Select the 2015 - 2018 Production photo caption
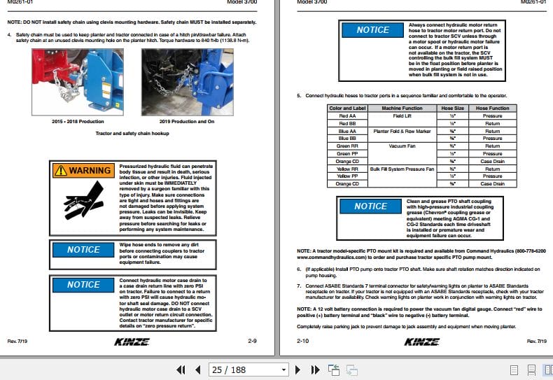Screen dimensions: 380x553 click(x=78, y=121)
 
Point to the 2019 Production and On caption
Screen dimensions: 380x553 click(x=188, y=121)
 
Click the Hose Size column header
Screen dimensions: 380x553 click(x=452, y=108)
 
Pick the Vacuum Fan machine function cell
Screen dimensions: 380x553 click(x=402, y=146)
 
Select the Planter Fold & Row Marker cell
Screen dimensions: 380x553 click(x=402, y=131)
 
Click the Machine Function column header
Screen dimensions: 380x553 click(x=402, y=108)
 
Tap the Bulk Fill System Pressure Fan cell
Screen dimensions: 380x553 click(x=402, y=169)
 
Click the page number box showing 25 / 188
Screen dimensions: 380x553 click(x=248, y=370)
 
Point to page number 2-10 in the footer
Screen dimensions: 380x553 click(x=302, y=341)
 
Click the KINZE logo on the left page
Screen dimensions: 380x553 click(x=130, y=342)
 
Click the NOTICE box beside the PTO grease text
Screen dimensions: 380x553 click(x=371, y=206)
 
